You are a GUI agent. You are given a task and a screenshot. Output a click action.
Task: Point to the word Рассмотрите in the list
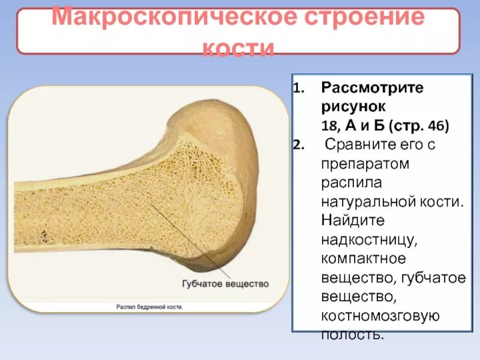click(x=372, y=88)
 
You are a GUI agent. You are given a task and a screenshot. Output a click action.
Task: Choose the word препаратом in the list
click(x=359, y=163)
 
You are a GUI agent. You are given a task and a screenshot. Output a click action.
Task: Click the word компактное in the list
click(x=364, y=259)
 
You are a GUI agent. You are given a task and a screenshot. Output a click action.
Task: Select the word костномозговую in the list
click(x=381, y=316)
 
